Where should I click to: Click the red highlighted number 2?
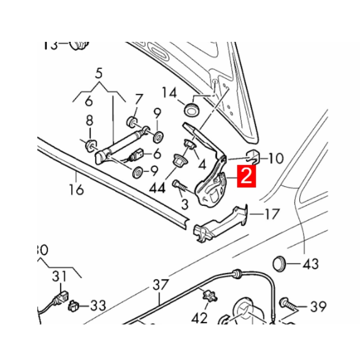tap(247, 176)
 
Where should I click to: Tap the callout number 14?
tap(170, 93)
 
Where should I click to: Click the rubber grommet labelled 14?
tap(192, 109)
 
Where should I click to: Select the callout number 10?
tap(276, 158)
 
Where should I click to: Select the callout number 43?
tap(310, 264)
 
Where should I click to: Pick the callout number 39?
tap(318, 307)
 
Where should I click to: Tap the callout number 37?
tap(160, 284)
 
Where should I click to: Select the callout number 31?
tap(59, 276)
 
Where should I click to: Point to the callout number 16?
tap(77, 189)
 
